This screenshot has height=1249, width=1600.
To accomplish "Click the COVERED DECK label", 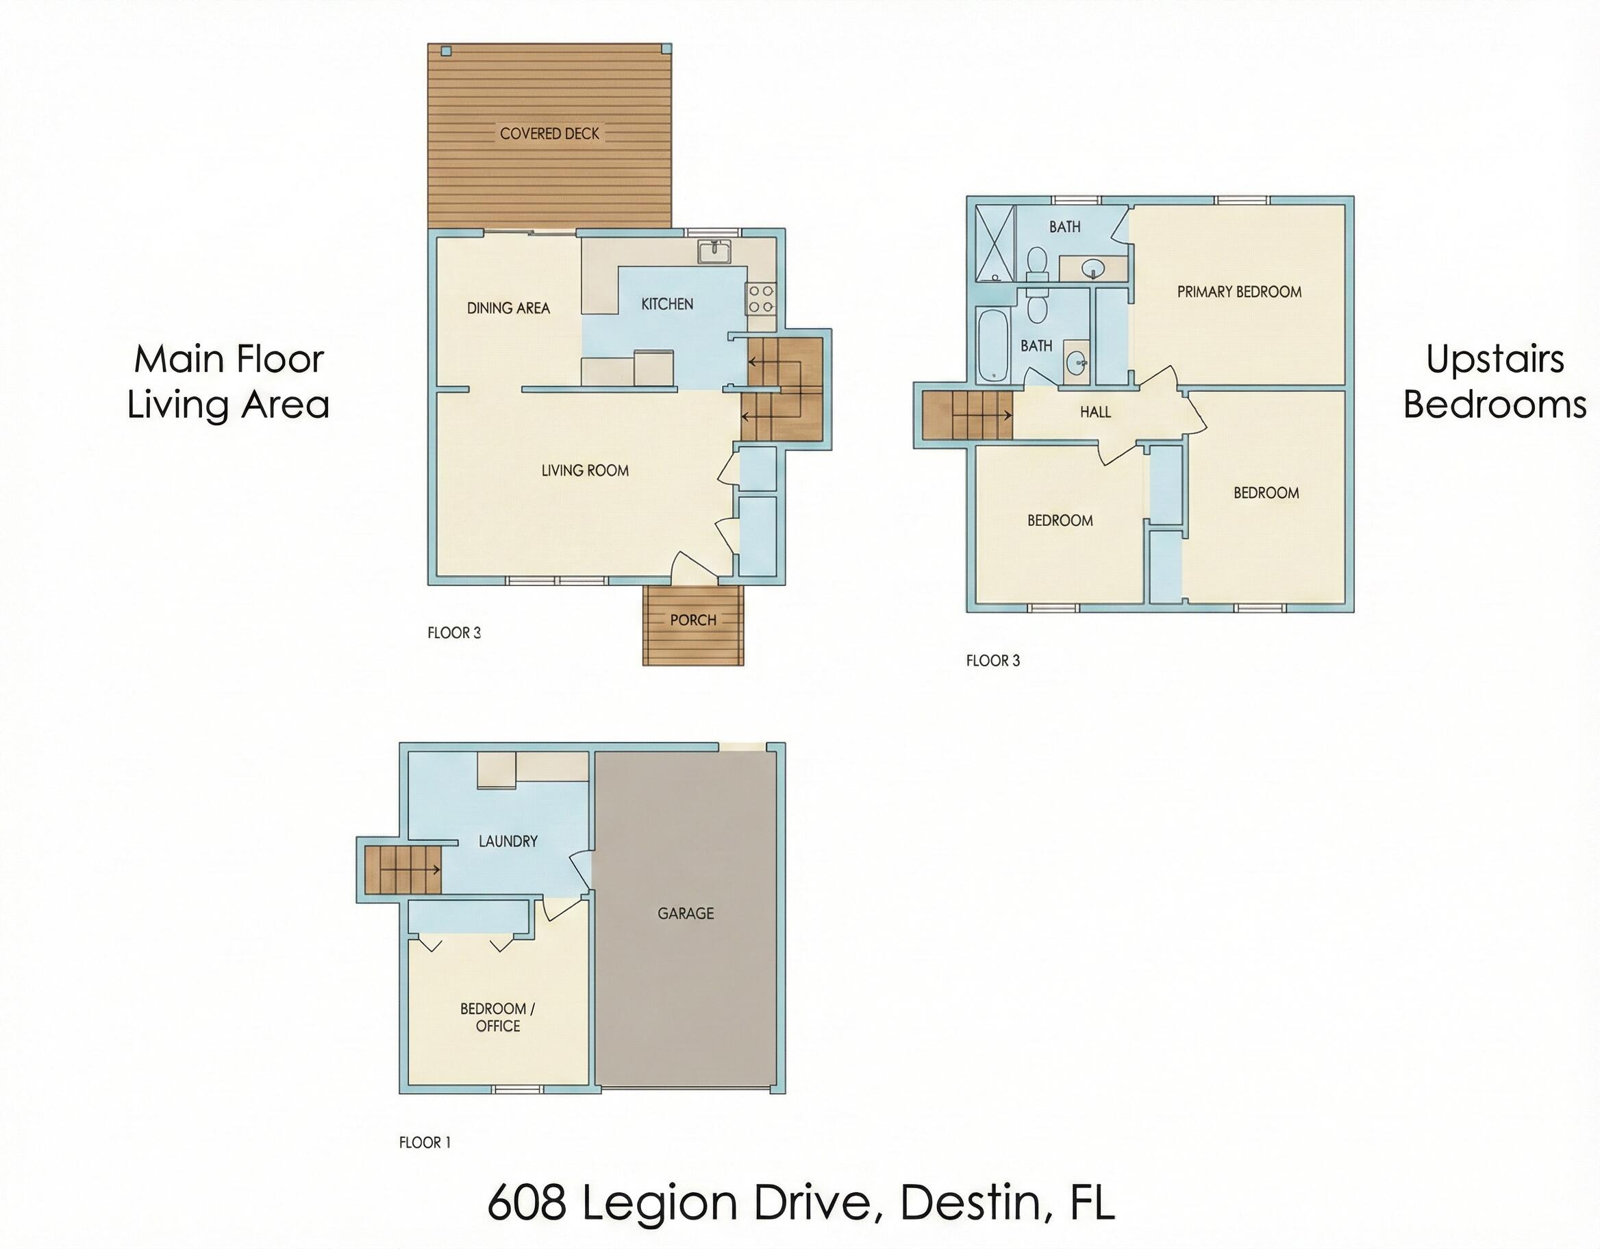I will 549,134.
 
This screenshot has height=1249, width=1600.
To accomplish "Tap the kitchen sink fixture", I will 713,252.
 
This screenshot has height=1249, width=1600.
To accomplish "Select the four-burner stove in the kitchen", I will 761,299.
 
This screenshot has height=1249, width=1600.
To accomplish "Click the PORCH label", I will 693,620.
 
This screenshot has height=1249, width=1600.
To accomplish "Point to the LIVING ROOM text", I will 585,471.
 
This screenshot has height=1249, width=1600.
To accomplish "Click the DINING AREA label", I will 508,308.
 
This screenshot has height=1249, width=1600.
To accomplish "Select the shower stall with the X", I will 995,243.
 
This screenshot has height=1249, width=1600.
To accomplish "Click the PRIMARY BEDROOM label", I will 1239,292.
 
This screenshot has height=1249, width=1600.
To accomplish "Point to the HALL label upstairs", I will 1095,412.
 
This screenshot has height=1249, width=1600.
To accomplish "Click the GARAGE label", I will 685,913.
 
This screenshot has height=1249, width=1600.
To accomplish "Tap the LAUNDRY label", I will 508,842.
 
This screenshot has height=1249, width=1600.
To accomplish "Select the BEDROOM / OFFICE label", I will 497,1018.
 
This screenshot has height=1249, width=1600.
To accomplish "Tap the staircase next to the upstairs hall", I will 967,416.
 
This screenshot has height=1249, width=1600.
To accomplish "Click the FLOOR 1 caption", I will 425,1142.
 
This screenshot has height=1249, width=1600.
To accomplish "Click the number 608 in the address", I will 527,1203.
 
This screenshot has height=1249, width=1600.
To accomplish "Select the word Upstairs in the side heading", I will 1495,359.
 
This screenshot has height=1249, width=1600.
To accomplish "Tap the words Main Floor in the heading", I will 229,359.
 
